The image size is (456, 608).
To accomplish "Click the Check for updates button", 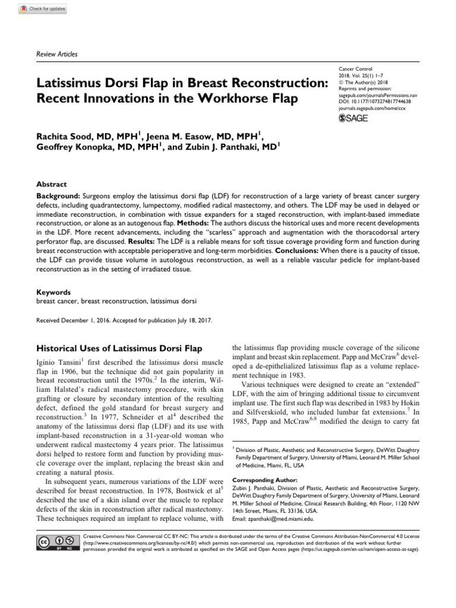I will click(x=43, y=9).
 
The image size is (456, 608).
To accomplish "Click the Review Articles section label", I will click(x=57, y=54).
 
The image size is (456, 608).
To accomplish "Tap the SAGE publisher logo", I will click(x=353, y=119).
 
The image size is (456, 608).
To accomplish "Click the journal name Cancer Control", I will click(x=355, y=69).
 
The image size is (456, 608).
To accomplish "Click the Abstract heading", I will click(x=52, y=184).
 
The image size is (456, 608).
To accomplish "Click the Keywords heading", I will click(x=53, y=292).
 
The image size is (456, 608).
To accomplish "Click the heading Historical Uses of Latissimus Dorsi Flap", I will click(x=119, y=348).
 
